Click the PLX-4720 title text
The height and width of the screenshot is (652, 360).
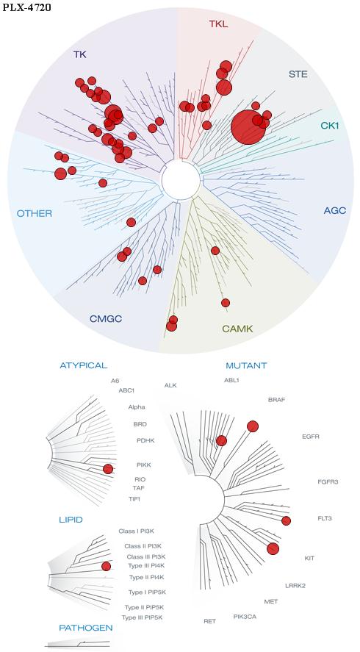click(x=27, y=7)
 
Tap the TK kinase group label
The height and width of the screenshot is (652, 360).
click(x=80, y=54)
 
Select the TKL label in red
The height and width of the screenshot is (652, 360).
click(x=219, y=24)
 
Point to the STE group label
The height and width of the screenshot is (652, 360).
click(x=298, y=74)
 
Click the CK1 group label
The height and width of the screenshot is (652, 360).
click(x=330, y=125)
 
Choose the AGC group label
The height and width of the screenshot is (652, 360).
click(x=335, y=210)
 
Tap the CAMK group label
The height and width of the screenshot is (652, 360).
click(x=237, y=329)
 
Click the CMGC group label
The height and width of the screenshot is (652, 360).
click(x=106, y=319)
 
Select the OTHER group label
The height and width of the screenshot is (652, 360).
click(x=35, y=214)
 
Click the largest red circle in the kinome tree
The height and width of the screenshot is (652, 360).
click(x=248, y=127)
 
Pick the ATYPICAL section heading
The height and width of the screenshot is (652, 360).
click(x=84, y=365)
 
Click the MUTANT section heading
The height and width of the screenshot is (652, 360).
click(x=246, y=366)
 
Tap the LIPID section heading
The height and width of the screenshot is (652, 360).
click(x=71, y=520)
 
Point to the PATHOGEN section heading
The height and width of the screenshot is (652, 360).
click(x=86, y=628)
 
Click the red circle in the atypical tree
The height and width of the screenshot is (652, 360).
click(x=108, y=469)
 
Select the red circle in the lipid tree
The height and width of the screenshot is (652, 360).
click(x=106, y=566)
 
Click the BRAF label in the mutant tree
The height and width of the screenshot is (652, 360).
click(x=277, y=400)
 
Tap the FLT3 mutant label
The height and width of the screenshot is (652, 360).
click(x=325, y=518)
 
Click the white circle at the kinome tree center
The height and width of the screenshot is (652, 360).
click(x=181, y=180)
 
